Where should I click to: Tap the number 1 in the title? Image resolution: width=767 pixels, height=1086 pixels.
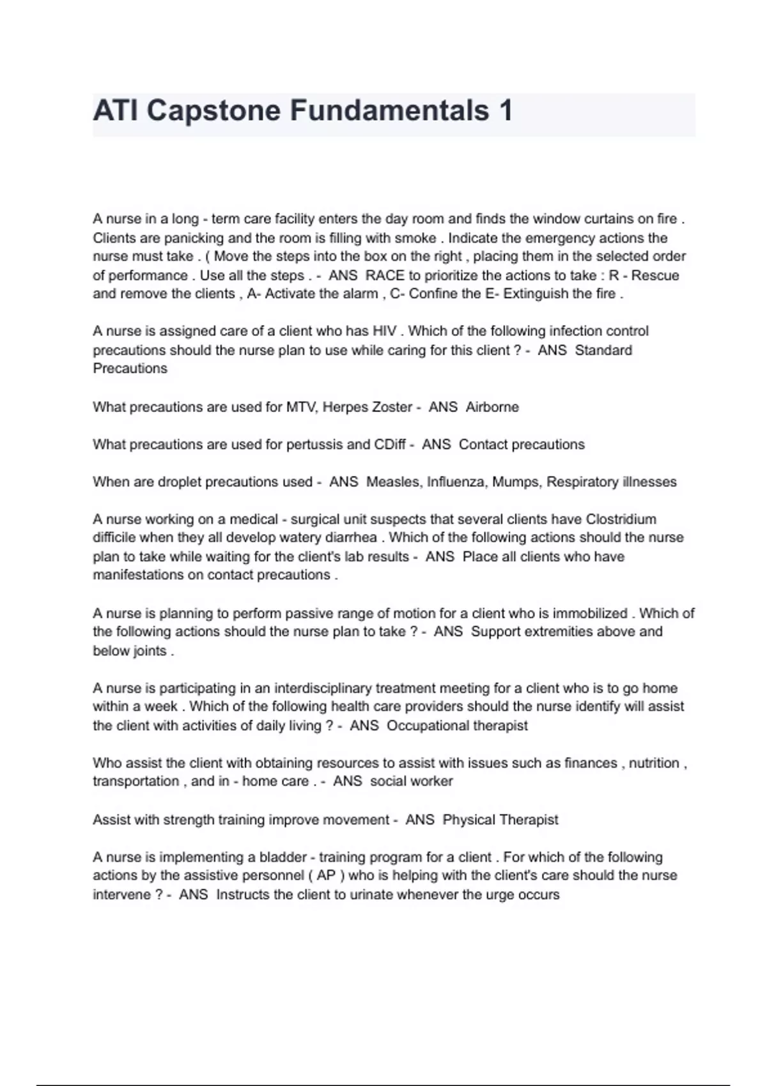[x=506, y=111]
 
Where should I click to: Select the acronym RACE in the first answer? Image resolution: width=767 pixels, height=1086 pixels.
[x=385, y=275]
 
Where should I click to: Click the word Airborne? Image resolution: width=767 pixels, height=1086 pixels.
[x=492, y=407]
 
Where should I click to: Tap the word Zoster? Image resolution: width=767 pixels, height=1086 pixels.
[x=391, y=407]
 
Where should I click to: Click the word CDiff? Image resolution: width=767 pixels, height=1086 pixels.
[x=389, y=445]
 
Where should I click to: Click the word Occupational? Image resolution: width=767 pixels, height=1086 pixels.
[x=428, y=726]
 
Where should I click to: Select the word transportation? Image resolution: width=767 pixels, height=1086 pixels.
[x=136, y=781]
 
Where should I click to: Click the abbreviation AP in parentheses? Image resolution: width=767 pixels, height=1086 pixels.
[x=326, y=875]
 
